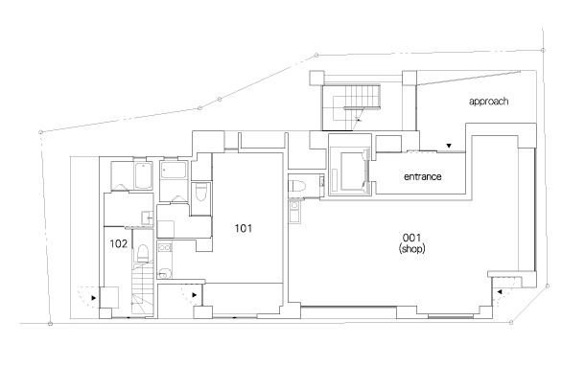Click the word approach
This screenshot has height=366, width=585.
point(488,102)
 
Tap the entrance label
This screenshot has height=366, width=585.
point(422,176)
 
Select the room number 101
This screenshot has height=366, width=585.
point(244,228)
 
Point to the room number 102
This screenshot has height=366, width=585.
point(119,243)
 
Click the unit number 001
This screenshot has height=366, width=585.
point(411,238)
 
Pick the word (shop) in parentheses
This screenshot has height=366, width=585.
point(411,248)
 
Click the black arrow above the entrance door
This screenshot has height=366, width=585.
point(449,146)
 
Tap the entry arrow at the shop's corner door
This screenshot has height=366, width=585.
point(499,292)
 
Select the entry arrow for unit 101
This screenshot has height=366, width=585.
point(195,295)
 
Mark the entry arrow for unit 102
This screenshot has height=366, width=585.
point(94,298)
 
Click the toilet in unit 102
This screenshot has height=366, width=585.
point(143,253)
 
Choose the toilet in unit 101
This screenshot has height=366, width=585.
point(200,192)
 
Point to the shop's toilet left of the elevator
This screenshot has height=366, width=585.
point(297,185)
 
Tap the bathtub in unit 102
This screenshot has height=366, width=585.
point(143,176)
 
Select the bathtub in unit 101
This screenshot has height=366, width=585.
point(174,170)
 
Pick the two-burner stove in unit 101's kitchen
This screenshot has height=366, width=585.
point(165,247)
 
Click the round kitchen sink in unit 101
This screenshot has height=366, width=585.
point(164,273)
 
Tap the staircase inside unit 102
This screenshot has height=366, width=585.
point(143,287)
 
